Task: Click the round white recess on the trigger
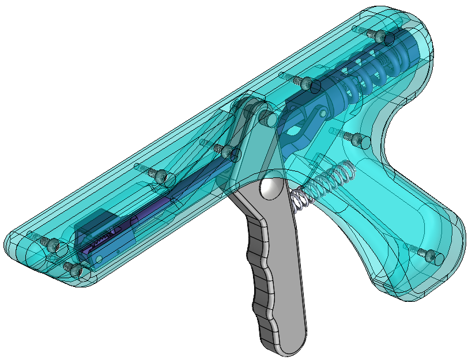point(269,188)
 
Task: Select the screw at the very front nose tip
point(54,245)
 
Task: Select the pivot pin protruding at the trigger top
point(267,119)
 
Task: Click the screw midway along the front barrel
point(161,175)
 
